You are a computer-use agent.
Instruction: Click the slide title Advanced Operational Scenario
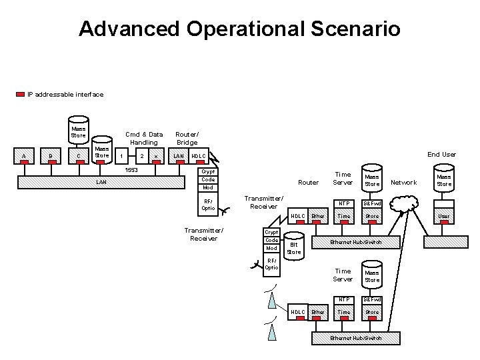coord(239,29)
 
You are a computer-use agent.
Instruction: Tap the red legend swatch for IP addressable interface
coord(20,95)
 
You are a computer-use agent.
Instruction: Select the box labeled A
coord(24,157)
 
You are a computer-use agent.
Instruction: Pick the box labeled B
coord(51,157)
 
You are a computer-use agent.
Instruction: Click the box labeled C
coord(79,157)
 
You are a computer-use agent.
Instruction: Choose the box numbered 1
coord(121,157)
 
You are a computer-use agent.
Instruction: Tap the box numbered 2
coord(141,157)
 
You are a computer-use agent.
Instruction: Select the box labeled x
coord(156,157)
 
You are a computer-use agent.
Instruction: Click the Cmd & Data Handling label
coord(144,138)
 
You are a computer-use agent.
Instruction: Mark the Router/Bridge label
coord(187,138)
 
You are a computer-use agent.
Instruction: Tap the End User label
coord(441,154)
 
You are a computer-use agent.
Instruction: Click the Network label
coord(403,182)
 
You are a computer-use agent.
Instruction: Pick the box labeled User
coord(444,216)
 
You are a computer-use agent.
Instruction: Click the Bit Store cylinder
coord(294,247)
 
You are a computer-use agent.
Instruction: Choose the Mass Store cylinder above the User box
coord(444,179)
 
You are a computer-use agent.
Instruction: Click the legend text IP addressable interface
coord(65,95)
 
